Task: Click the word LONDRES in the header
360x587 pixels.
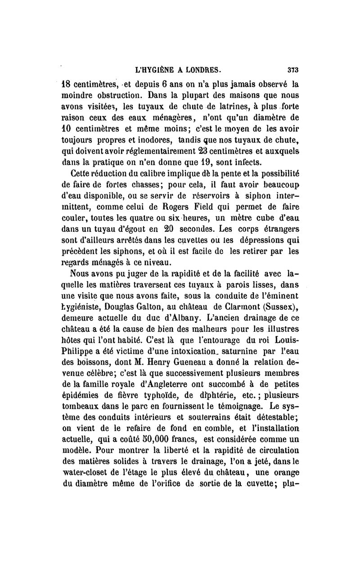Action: pos(201,70)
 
